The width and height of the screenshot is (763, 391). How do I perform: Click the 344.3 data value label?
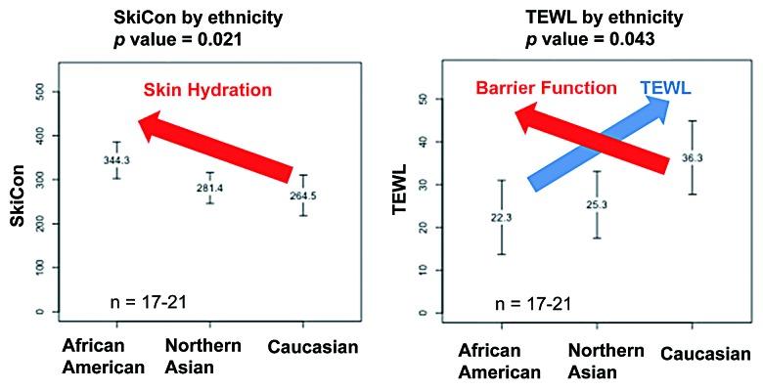[x=117, y=158]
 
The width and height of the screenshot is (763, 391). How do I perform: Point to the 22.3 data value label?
[x=501, y=217]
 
